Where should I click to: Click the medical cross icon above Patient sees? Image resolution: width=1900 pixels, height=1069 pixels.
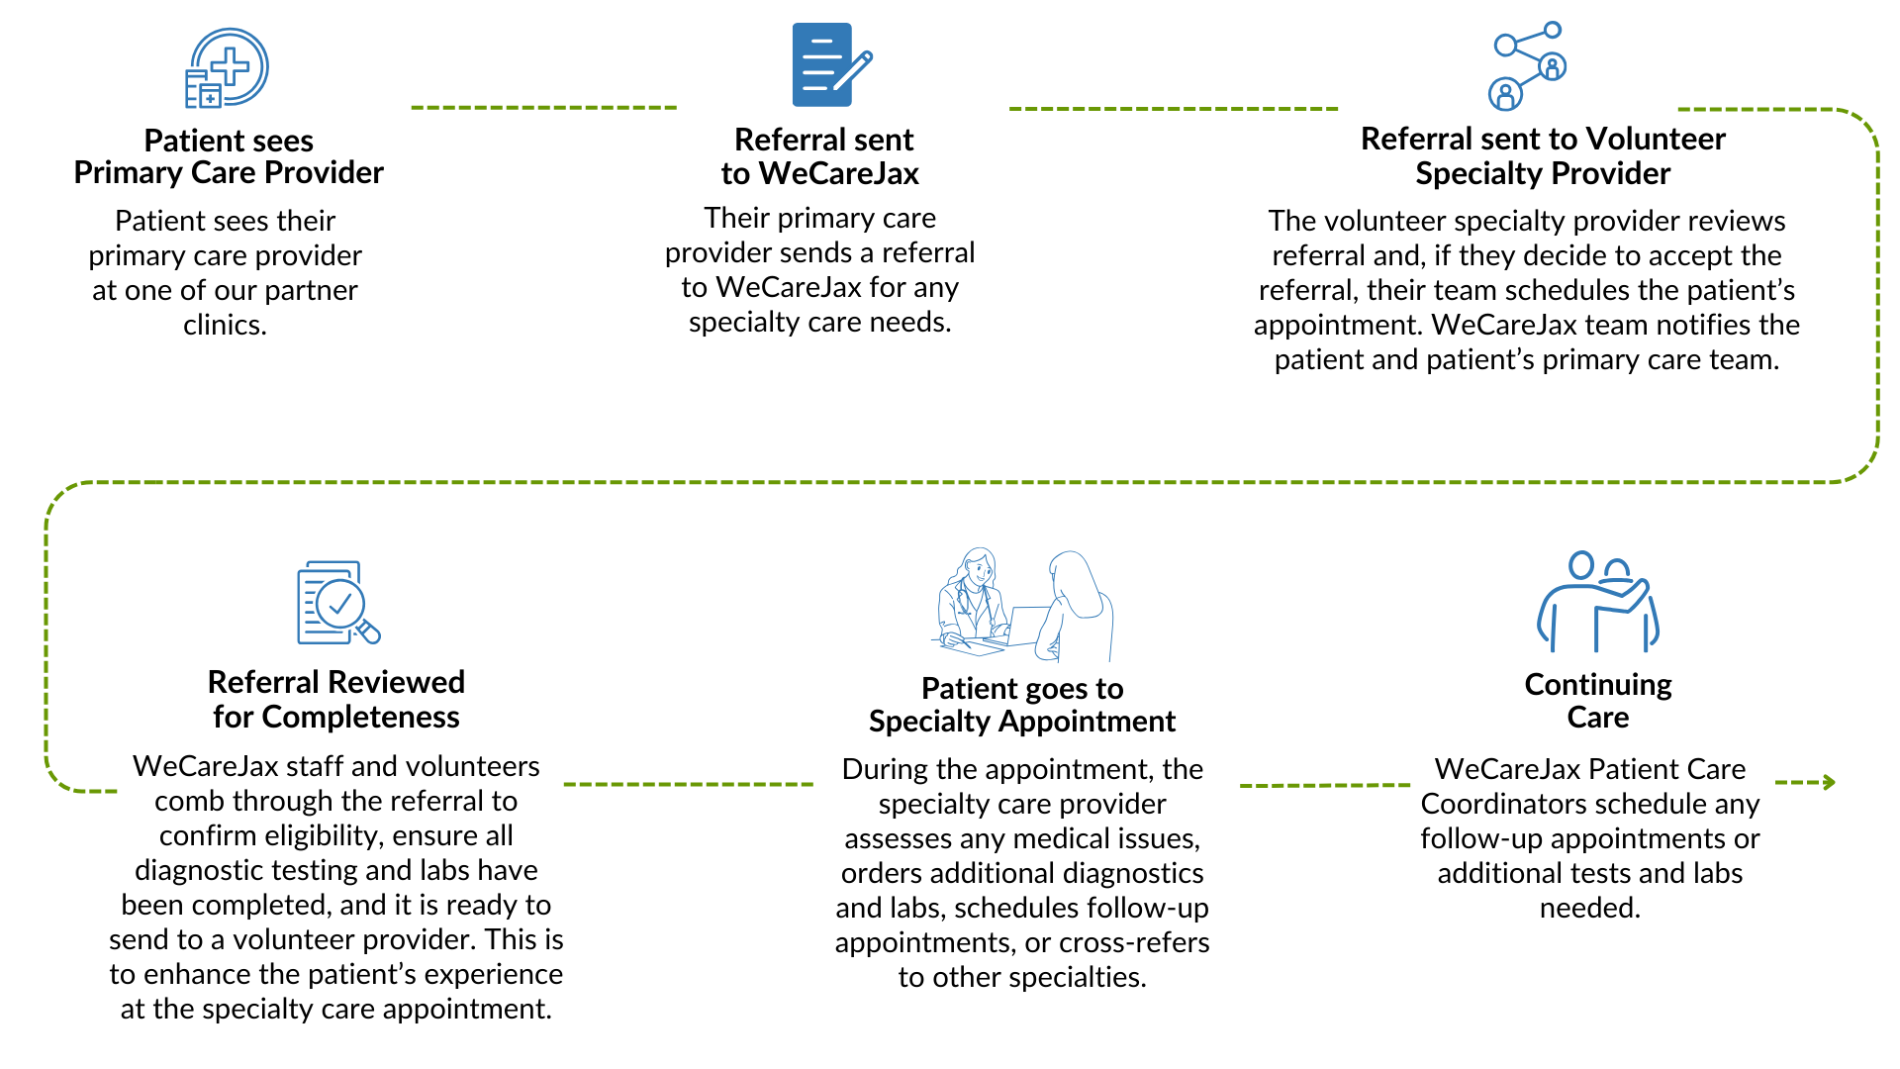228,67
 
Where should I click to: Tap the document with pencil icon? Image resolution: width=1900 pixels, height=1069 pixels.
831,64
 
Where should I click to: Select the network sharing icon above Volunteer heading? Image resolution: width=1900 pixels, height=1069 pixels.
1527,65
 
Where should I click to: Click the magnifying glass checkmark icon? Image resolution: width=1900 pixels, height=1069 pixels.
338,603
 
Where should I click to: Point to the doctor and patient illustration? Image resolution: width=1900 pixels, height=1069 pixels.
1023,605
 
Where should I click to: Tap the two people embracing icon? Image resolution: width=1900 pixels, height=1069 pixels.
1597,601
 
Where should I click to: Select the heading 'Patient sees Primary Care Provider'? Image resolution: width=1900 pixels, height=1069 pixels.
229,156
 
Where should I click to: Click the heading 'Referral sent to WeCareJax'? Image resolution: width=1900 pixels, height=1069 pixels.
821,156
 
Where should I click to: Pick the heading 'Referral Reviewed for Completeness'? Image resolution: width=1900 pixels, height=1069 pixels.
336,699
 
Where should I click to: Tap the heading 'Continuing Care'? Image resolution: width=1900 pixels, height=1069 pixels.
1598,700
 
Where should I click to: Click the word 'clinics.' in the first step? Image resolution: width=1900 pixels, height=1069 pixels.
225,325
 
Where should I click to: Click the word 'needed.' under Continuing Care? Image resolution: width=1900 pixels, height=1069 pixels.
1590,908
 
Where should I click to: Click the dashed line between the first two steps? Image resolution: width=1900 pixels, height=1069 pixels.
544,107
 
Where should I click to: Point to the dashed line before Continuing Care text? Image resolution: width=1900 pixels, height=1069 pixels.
1325,785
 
